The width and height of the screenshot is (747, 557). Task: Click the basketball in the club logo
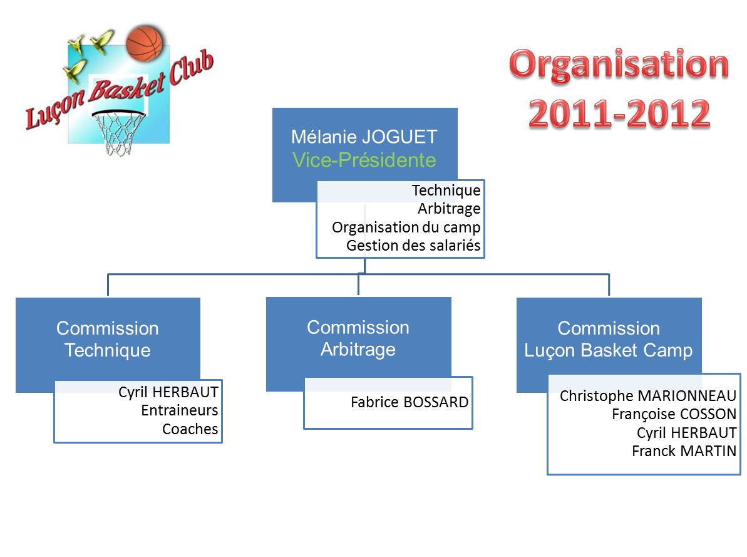[x=145, y=43]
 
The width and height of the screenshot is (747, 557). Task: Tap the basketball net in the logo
[x=118, y=133]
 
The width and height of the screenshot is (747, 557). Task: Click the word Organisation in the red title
[x=619, y=65]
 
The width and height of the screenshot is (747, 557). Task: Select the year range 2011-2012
[x=619, y=114]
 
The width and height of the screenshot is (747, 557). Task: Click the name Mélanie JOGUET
[x=364, y=137]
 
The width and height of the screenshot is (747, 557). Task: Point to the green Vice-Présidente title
[x=364, y=160]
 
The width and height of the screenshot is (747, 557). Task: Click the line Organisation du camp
[x=406, y=227]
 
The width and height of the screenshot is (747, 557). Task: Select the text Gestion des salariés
[x=413, y=246]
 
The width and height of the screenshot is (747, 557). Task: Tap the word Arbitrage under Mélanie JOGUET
[x=449, y=209]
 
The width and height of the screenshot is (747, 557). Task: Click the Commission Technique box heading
[x=108, y=339]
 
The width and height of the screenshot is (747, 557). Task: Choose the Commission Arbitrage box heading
[x=358, y=338]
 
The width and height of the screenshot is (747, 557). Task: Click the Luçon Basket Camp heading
[x=609, y=350]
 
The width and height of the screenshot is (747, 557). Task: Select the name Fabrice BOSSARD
[x=410, y=402]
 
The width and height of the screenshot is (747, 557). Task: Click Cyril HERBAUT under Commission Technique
[x=168, y=392]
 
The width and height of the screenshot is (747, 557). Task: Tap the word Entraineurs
[x=180, y=410]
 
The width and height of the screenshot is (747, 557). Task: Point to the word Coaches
[x=190, y=429]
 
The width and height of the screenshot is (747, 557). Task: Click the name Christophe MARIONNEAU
[x=648, y=396]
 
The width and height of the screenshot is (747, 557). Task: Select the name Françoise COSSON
[x=674, y=414]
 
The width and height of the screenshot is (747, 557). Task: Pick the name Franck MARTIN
[x=684, y=451]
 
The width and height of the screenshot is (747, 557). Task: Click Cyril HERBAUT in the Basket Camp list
[x=686, y=433]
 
